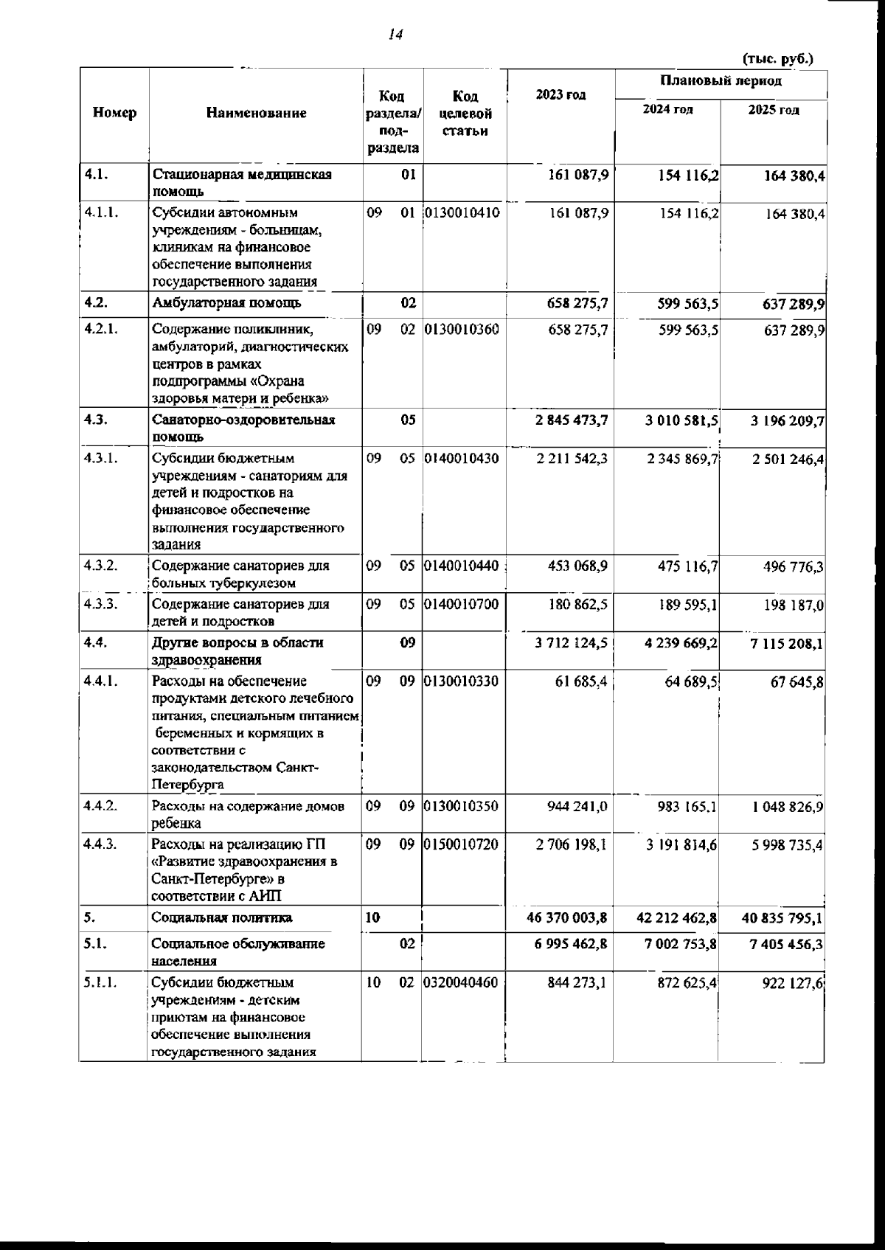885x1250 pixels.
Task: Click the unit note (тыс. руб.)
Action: pos(778,58)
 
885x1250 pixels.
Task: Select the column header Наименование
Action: pos(256,113)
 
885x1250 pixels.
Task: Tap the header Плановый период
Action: pos(721,81)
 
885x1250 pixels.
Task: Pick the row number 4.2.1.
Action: pos(101,330)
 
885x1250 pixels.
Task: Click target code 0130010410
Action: pos(464,213)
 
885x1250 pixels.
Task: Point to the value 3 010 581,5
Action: pos(681,421)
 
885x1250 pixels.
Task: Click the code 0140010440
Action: pos(464,566)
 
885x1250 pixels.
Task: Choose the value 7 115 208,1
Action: pos(787,644)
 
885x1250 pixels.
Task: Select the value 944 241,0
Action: pos(577,807)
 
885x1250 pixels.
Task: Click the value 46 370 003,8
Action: pos(567,919)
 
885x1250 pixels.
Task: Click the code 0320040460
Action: pos(464,983)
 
